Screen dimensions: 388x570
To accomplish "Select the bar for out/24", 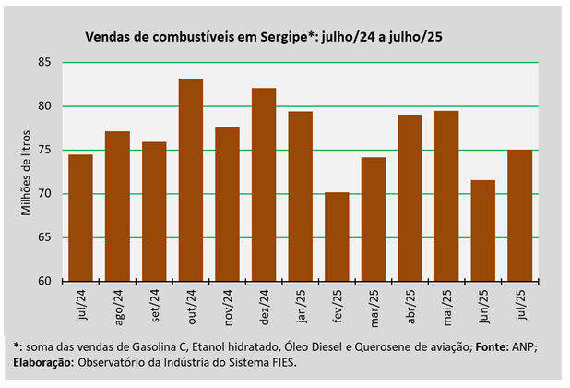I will point(190,180).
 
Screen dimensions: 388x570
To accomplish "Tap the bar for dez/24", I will point(264,185).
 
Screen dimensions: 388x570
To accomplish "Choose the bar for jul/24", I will point(80,218).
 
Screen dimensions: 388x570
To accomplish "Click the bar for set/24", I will point(154,212).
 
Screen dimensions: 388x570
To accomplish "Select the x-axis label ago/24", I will point(118,303).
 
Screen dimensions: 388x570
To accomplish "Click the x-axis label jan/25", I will point(301,302).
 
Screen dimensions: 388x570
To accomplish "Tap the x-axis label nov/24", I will point(228,303).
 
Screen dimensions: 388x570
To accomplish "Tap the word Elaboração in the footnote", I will point(44,362).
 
